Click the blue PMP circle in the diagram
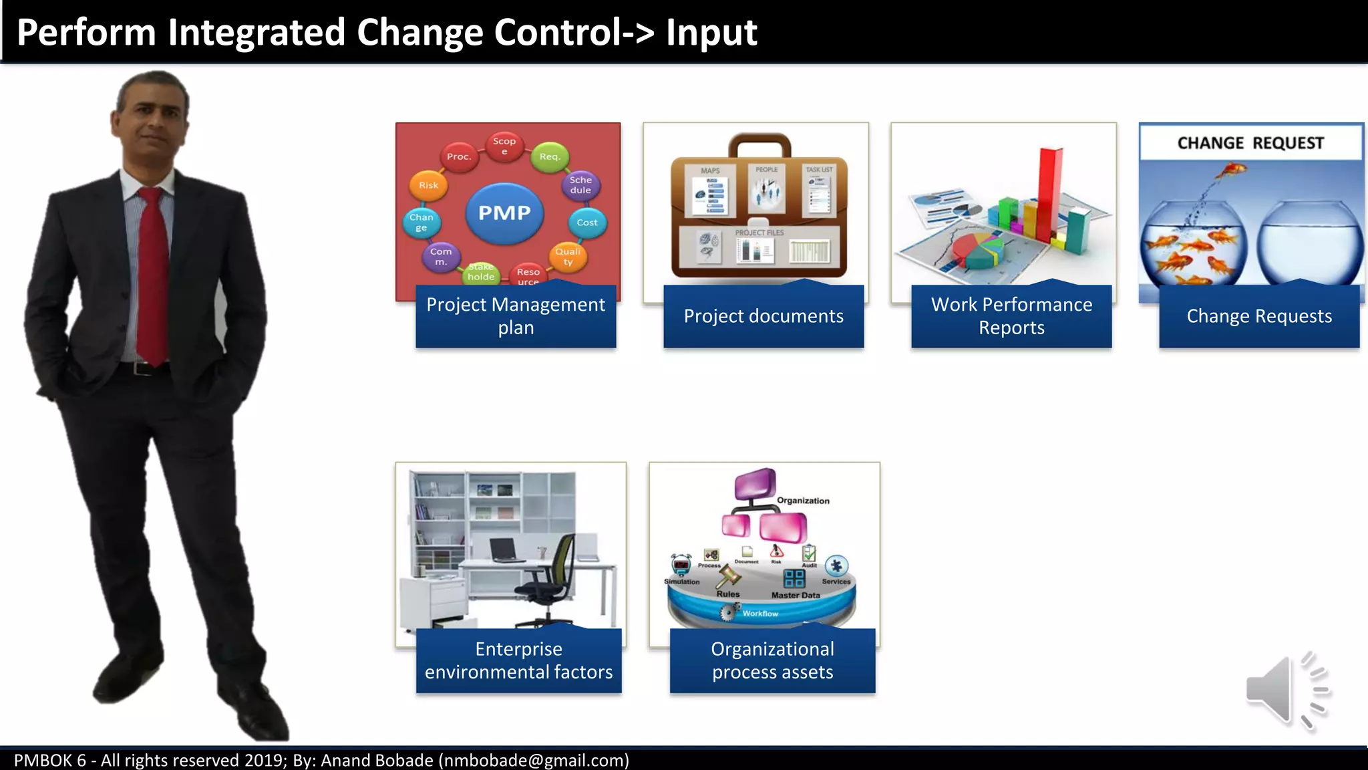pos(504,213)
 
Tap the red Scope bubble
pos(504,145)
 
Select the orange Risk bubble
pos(428,185)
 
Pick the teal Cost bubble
pos(587,223)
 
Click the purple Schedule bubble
pos(580,185)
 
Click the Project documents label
pos(763,316)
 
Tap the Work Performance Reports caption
pos(1011,316)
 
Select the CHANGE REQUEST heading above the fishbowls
pos(1250,143)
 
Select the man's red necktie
pos(153,274)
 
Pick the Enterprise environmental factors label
pos(518,660)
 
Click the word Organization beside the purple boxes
pos(803,501)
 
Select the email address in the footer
pos(533,761)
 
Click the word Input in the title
pos(711,33)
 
